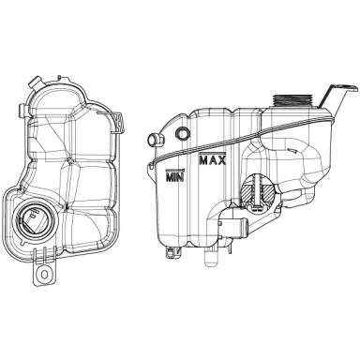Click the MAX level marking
pyautogui.click(x=213, y=159)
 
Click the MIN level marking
pyautogui.click(x=175, y=176)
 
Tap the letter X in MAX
pyautogui.click(x=221, y=160)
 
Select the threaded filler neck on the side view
pyautogui.click(x=292, y=101)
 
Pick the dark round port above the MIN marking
pyautogui.click(x=183, y=133)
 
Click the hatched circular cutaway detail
pyautogui.click(x=258, y=192)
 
